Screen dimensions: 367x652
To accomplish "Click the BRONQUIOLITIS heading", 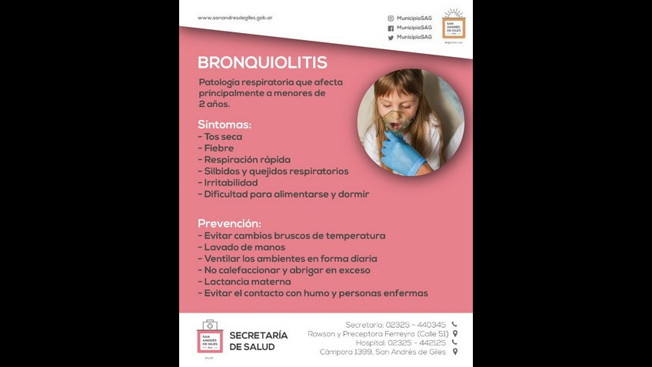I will pos(262,63).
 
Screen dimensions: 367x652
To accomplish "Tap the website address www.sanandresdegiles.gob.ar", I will pos(235,18).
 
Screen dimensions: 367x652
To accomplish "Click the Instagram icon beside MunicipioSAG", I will pos(391,18).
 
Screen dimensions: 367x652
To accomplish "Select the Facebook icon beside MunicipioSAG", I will pos(391,28).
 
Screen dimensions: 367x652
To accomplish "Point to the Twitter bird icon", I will pos(391,37).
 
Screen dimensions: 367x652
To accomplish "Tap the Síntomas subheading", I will pos(225,124).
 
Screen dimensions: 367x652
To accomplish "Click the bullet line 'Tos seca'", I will pos(222,137).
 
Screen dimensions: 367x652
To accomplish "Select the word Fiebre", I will pos(218,148).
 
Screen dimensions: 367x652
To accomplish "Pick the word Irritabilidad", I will pos(231,183).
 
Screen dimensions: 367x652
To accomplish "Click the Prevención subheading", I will pos(229,223).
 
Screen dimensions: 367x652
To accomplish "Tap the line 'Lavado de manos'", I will pos(244,247).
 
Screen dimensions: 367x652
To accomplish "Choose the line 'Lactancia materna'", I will pos(247,282).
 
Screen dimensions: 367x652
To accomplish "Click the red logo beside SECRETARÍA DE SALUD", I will pos(209,336).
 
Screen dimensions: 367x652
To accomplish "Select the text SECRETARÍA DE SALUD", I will pos(258,341).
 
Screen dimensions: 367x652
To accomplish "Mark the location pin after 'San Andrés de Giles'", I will pos(455,352).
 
